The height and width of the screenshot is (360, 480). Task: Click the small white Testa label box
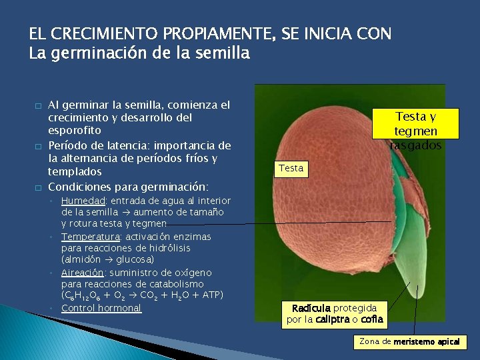click(291, 168)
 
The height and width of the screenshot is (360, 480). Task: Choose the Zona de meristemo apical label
click(409, 342)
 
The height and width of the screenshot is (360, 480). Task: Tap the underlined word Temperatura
click(89, 237)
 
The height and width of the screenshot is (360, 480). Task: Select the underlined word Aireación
click(82, 273)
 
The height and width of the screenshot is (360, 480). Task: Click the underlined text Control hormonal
click(101, 308)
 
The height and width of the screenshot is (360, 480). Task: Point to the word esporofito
click(75, 131)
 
